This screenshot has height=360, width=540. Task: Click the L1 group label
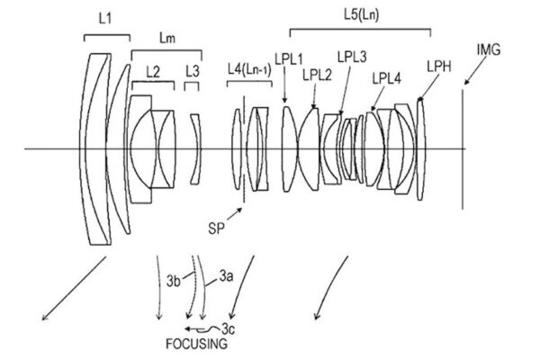point(105,18)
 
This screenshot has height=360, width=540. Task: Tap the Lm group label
point(167,38)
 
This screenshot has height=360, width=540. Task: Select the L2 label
point(153,72)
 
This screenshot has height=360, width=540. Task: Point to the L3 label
point(193,71)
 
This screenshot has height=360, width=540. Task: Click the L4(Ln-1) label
point(249,70)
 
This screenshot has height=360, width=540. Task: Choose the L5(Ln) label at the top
point(361,14)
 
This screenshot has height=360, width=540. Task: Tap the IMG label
point(489,49)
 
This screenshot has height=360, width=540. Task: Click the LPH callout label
point(439,67)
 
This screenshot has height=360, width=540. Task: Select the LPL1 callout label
point(289,59)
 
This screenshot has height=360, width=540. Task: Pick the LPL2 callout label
point(317,75)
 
